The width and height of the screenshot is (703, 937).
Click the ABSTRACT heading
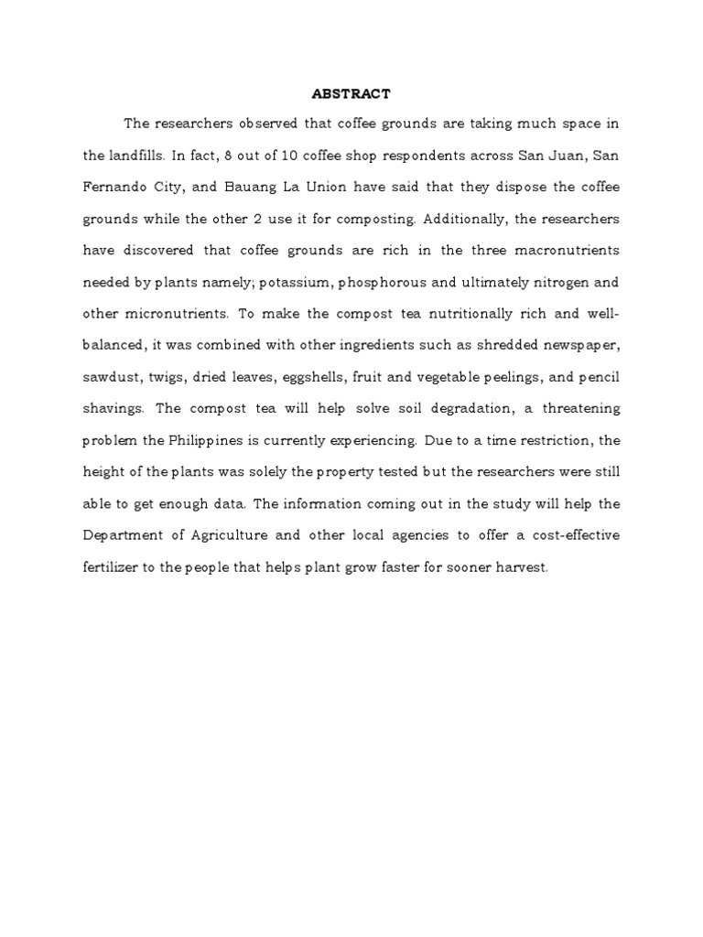pyautogui.click(x=351, y=93)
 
